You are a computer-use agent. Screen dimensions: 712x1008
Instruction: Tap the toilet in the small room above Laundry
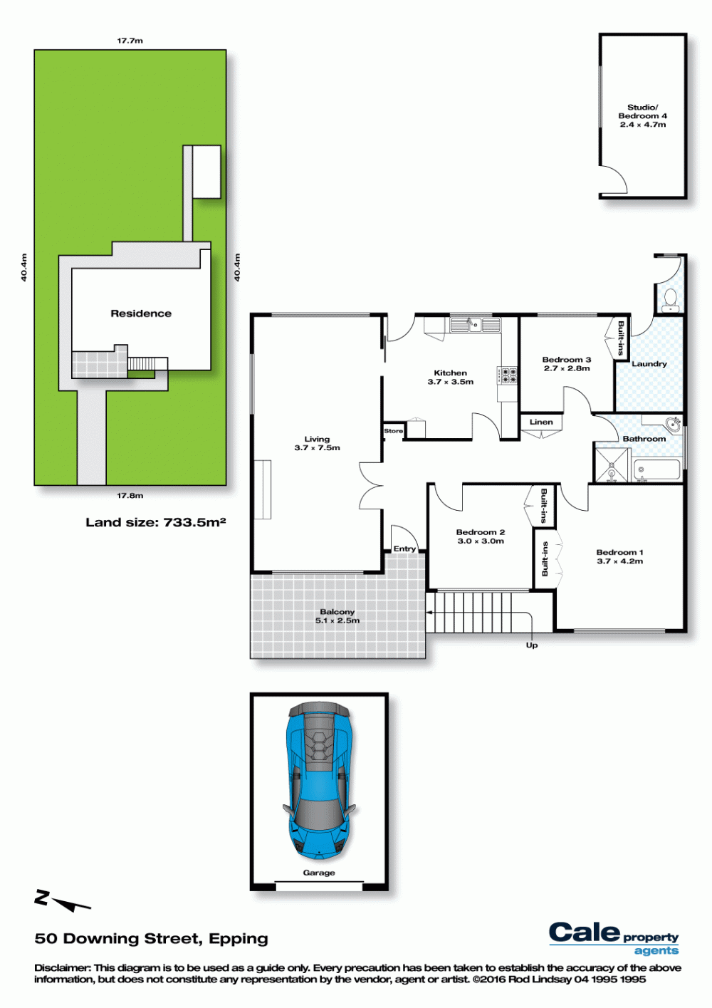[670, 299]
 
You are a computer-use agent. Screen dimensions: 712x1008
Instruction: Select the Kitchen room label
[450, 373]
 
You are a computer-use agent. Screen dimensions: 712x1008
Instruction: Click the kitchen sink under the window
[476, 324]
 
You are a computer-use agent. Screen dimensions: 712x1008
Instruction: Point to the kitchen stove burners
[507, 375]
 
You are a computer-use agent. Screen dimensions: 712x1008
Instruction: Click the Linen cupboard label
[541, 422]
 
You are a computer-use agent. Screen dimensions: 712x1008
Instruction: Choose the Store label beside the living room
[394, 431]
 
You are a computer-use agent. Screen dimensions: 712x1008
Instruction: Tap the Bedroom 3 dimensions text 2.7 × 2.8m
[567, 368]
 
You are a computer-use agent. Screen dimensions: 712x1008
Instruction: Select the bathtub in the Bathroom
[656, 470]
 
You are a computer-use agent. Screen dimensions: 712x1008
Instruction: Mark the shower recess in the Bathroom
[611, 465]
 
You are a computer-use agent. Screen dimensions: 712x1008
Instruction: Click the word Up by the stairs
[532, 645]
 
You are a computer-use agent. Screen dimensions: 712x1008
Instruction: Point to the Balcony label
[337, 611]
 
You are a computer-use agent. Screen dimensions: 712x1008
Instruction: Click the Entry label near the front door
[404, 549]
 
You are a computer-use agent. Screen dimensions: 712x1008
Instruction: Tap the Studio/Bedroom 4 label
[643, 112]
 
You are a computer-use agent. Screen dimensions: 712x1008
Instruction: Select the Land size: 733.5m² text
[156, 522]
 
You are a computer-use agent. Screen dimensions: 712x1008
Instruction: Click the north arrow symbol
[63, 900]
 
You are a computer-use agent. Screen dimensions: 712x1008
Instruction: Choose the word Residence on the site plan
[141, 313]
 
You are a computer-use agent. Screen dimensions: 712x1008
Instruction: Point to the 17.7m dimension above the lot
[130, 41]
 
